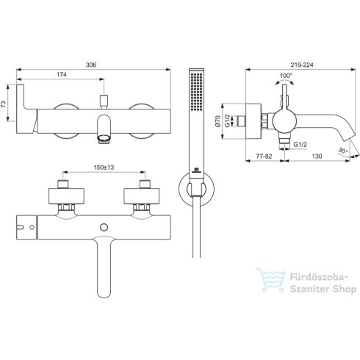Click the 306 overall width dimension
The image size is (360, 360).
pyautogui.click(x=91, y=65)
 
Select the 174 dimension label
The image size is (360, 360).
pyautogui.click(x=62, y=74)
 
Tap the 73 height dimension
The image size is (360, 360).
pyautogui.click(x=4, y=104)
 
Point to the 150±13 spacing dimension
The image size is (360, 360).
pyautogui.click(x=104, y=168)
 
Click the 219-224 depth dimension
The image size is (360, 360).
pyautogui.click(x=302, y=65)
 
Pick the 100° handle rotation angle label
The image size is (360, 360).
pyautogui.click(x=286, y=76)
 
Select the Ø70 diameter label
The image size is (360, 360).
pyautogui.click(x=217, y=121)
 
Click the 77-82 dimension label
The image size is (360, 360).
pyautogui.click(x=264, y=156)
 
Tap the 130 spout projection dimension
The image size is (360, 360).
pyautogui.click(x=317, y=156)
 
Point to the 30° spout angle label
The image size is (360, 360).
pyautogui.click(x=343, y=151)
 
